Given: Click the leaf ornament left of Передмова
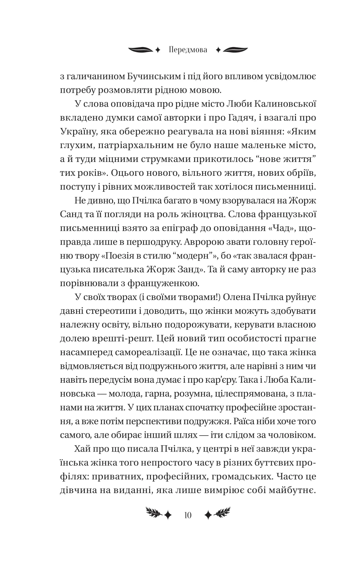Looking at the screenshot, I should coord(141,50).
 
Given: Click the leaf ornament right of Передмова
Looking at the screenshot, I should coord(236,50).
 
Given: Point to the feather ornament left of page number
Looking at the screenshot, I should coord(154,514).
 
